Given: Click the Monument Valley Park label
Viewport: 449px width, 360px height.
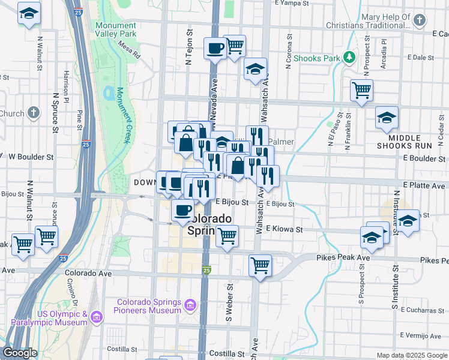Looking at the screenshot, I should tap(116, 29).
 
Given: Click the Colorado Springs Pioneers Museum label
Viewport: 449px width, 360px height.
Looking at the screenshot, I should tap(149, 306).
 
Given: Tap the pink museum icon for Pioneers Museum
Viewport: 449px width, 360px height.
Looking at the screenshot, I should tap(190, 306).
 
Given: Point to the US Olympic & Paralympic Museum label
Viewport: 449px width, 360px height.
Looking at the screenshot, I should tap(62, 319).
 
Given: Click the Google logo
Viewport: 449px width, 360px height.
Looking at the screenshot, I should tap(20, 353).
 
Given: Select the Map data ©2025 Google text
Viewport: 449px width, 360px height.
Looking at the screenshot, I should tap(411, 355).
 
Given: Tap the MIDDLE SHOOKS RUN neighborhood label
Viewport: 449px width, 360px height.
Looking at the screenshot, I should tap(404, 142).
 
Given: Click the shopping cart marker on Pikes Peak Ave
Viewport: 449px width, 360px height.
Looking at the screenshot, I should tap(260, 264).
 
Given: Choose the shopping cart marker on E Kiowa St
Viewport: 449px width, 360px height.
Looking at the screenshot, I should tap(227, 235).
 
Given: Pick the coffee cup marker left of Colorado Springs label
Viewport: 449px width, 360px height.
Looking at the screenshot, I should tap(182, 210).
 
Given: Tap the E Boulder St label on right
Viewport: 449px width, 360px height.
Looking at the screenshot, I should tap(424, 158).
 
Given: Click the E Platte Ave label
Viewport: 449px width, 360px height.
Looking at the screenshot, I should tap(424, 185).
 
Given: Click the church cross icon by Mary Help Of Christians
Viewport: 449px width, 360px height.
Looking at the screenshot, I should tap(419, 21).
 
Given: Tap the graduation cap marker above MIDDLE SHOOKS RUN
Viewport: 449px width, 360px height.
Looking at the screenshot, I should tap(387, 118).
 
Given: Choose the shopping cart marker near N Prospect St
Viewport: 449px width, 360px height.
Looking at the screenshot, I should tap(361, 90).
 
